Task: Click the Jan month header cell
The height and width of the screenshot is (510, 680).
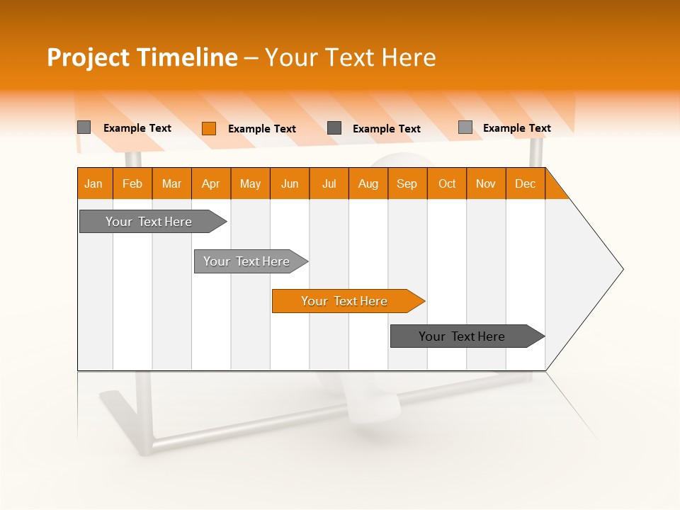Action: pos(94,183)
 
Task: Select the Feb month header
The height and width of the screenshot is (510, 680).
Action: pos(132,183)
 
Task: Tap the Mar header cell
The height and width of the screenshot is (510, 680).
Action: pos(171,183)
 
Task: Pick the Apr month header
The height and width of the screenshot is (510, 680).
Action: pos(211,183)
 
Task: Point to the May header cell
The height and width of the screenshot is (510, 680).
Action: pos(250,183)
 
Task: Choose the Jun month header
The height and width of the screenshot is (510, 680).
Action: pos(290,183)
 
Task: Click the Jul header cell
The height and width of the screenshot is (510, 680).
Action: pos(329,183)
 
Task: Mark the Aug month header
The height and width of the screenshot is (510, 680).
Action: pos(368,183)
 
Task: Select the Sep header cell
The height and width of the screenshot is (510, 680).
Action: pos(407,183)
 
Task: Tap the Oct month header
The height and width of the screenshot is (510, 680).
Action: pos(447,183)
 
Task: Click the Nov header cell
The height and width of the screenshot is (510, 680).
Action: pos(486,183)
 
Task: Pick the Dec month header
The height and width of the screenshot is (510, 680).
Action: pos(525,183)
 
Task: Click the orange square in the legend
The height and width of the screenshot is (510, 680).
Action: pos(208,128)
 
